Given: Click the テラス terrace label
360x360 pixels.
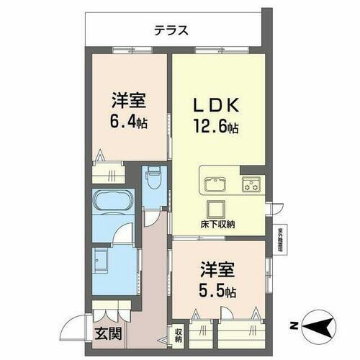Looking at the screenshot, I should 171,30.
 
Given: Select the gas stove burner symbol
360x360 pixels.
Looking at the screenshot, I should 252,184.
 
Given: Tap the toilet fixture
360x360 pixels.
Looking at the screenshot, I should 152,179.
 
